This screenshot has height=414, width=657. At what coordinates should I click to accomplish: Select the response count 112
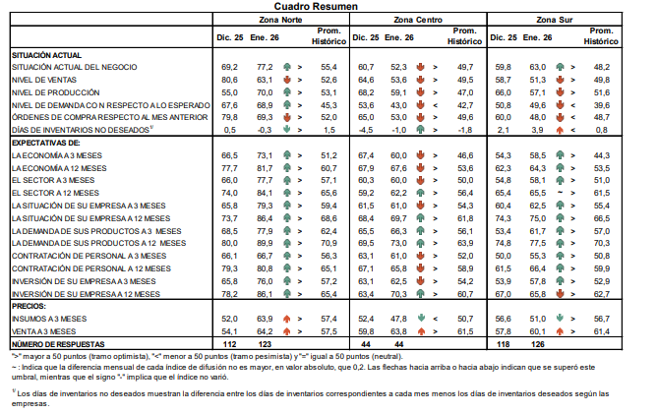229,344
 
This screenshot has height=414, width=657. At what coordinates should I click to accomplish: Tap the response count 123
264,344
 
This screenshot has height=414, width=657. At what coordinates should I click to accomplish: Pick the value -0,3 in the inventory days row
263,130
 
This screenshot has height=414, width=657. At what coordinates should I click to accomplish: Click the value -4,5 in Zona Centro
367,130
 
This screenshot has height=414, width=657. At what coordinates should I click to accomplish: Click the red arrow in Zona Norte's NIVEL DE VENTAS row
285,79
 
